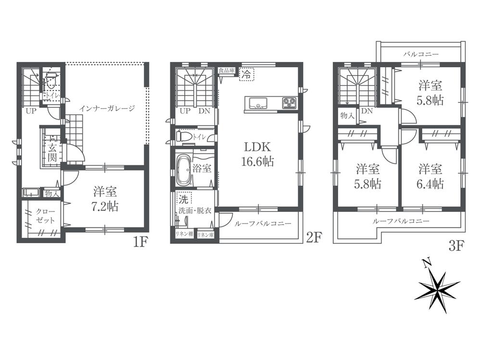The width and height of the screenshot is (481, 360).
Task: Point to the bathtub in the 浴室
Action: point(182,170)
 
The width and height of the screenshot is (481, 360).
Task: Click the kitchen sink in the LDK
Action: point(258,102)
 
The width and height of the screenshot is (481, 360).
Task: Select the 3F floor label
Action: point(456,247)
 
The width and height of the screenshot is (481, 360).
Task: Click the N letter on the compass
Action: point(425,262)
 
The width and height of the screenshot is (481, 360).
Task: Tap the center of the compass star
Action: point(436,287)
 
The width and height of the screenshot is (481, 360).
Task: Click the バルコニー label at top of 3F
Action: point(420,54)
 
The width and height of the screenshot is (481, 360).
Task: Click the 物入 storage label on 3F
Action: point(347,116)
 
